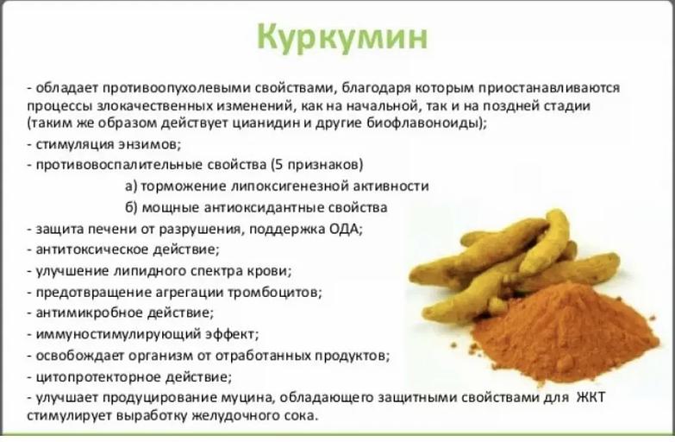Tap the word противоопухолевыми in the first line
point(176,88)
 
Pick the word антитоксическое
point(94,250)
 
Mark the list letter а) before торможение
point(131,186)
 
